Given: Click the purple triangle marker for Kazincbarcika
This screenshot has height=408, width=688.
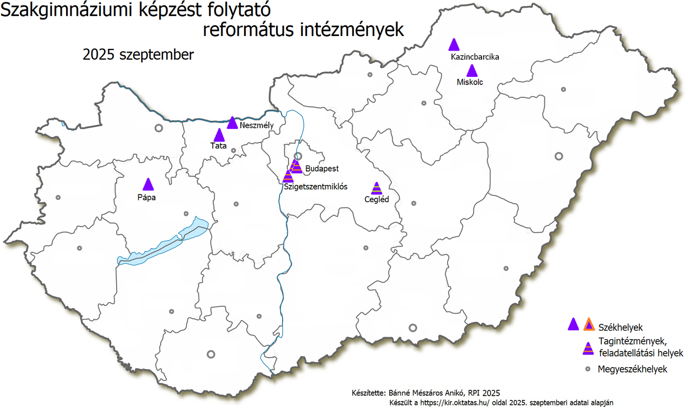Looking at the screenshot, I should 454,45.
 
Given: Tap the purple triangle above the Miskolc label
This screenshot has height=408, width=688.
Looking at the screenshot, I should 471,71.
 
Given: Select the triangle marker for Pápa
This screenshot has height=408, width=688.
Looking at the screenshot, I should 148,185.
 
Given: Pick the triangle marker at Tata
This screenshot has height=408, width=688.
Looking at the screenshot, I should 219,135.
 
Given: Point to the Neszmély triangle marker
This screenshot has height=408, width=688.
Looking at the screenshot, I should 232,123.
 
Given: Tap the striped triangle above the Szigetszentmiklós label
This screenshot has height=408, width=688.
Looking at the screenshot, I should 288,176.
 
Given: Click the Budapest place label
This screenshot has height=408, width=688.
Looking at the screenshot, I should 321,168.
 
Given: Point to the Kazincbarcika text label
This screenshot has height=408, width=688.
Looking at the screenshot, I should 475,56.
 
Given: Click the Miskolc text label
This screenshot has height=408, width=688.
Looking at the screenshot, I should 470,82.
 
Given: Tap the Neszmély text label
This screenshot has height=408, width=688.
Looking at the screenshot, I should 257,125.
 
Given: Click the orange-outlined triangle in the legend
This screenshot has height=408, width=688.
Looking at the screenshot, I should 589,325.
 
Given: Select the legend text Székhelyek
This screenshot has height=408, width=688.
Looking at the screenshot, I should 620,327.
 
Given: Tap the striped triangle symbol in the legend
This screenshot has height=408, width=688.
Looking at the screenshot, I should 589,349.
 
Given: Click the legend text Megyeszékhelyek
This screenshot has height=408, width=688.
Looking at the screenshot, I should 632,369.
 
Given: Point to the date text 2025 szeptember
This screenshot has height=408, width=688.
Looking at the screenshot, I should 138,55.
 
